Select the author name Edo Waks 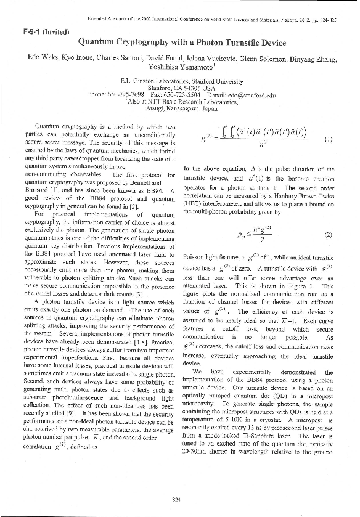(41, 57)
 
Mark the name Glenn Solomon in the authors (268, 57)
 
